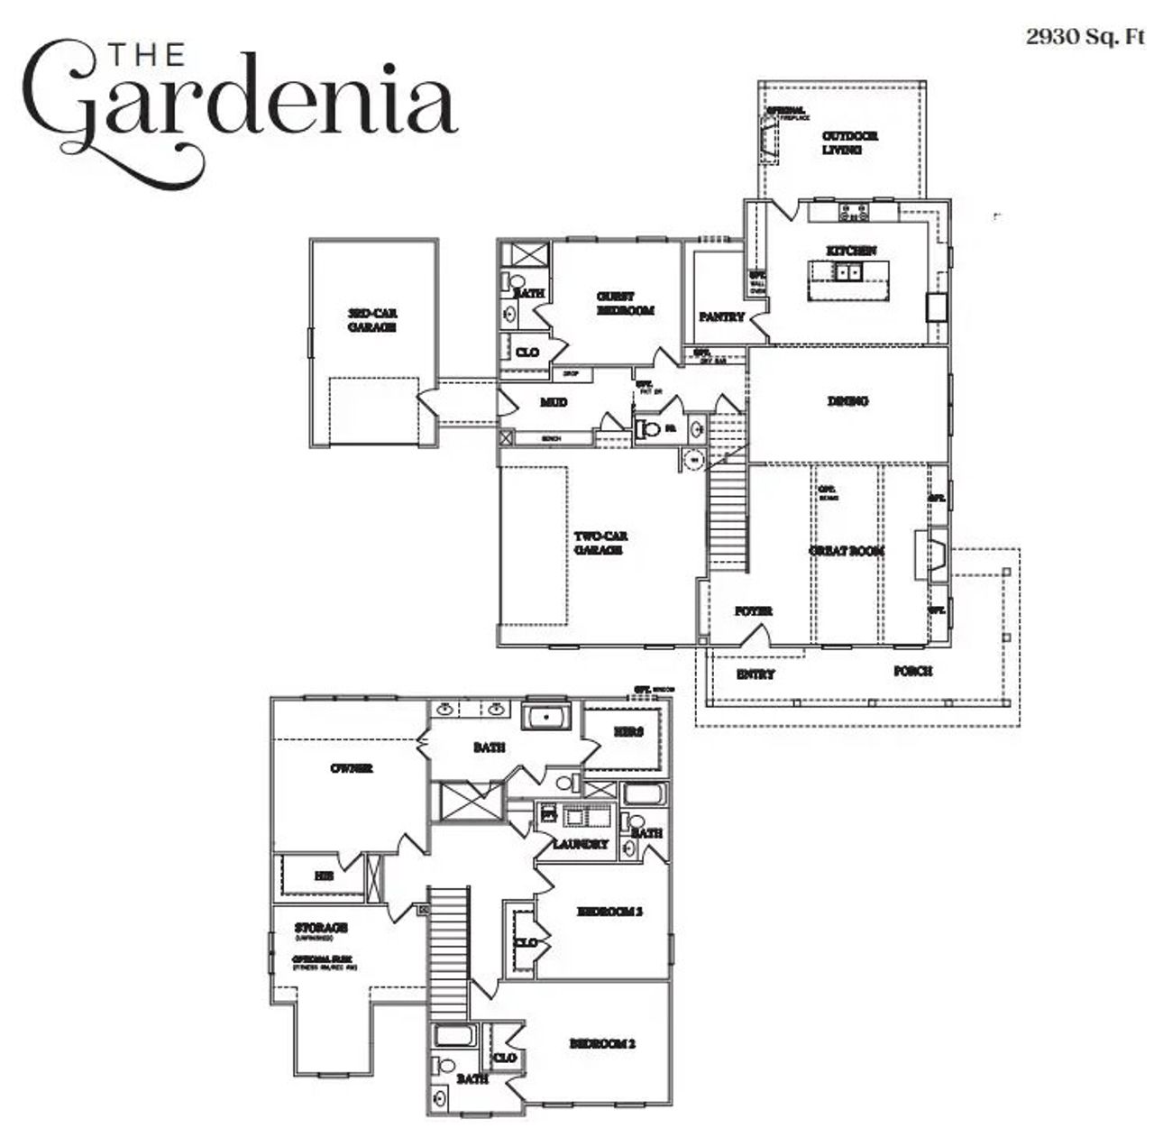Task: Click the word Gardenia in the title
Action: [x=239, y=104]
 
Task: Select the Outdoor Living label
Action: [x=848, y=142]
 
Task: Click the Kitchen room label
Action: [x=851, y=250]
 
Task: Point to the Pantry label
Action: [x=721, y=316]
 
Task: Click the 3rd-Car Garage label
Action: [x=372, y=320]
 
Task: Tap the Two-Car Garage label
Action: [x=600, y=542]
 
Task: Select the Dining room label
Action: [x=847, y=401]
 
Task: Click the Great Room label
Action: [x=846, y=550]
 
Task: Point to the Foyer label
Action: [x=753, y=610]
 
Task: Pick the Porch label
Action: [x=912, y=671]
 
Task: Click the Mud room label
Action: [x=554, y=402]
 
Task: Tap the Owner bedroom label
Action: [x=351, y=768]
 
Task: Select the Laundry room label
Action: [x=581, y=844]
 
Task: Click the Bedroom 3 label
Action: [x=609, y=912]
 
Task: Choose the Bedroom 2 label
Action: [x=601, y=1043]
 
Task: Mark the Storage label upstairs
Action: [x=321, y=927]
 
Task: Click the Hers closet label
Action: [x=627, y=731]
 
